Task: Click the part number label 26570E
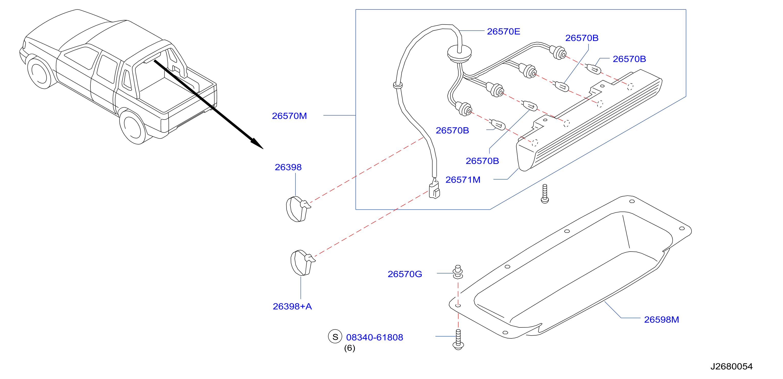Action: point(503,31)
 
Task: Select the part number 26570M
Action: point(289,116)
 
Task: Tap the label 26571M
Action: point(463,180)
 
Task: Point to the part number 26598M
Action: point(661,319)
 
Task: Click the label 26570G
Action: point(405,274)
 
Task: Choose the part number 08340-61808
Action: point(374,337)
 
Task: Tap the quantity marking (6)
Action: point(350,348)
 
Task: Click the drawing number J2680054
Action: point(731,366)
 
